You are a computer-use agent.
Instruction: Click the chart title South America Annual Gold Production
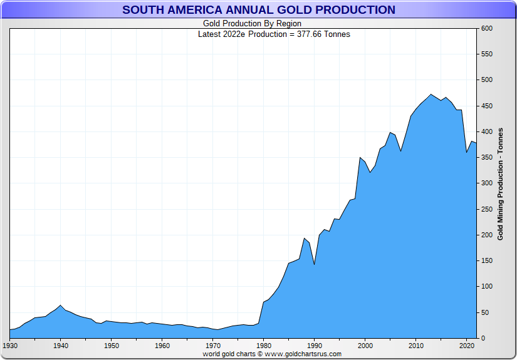(258, 10)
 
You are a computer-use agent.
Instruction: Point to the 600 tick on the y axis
(486, 29)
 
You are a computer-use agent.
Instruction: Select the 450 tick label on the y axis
(486, 106)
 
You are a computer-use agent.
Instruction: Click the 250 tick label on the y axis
(486, 209)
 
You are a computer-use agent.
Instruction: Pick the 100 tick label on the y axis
(486, 286)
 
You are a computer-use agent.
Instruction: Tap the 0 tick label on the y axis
(483, 338)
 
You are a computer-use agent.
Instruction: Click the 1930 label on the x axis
(10, 345)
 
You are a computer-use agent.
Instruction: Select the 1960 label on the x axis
(162, 345)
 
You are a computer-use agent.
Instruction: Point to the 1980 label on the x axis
(264, 345)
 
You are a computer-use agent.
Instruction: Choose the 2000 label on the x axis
(365, 345)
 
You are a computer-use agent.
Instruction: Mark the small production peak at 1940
(61, 306)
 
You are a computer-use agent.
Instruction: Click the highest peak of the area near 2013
(431, 95)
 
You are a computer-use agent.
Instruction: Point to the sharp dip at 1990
(315, 264)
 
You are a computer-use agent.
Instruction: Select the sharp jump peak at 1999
(360, 158)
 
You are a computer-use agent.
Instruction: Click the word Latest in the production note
(209, 34)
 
